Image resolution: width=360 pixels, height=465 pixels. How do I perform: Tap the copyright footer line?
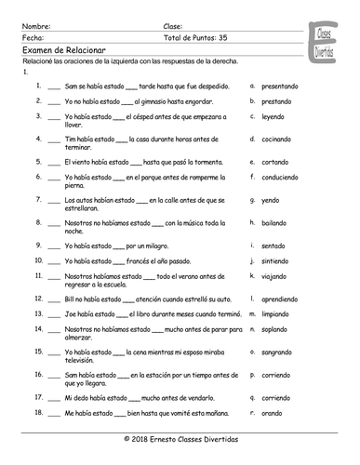(x=180, y=437)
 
